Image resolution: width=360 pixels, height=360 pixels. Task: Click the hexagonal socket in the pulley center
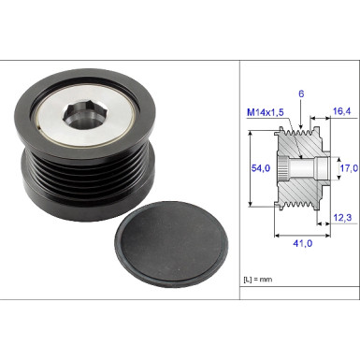[79, 119]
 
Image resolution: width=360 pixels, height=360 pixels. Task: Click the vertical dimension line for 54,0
[252, 169]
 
